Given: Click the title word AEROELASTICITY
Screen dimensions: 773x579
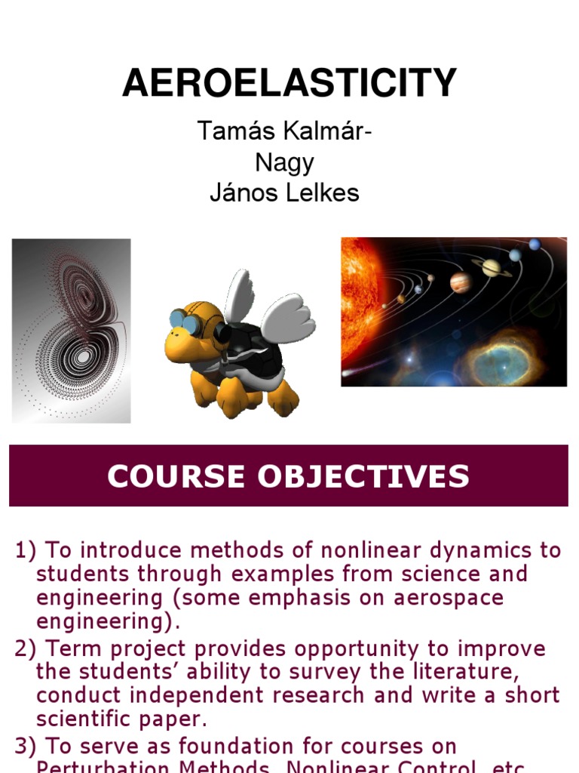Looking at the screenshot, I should [x=289, y=83].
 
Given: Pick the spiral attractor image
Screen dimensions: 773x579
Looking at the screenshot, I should [x=72, y=331].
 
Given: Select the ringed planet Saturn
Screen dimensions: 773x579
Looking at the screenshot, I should [x=491, y=266].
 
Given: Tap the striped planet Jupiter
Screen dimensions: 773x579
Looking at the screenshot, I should [x=461, y=283].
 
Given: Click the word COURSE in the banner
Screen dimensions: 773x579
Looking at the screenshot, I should [x=173, y=476].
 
